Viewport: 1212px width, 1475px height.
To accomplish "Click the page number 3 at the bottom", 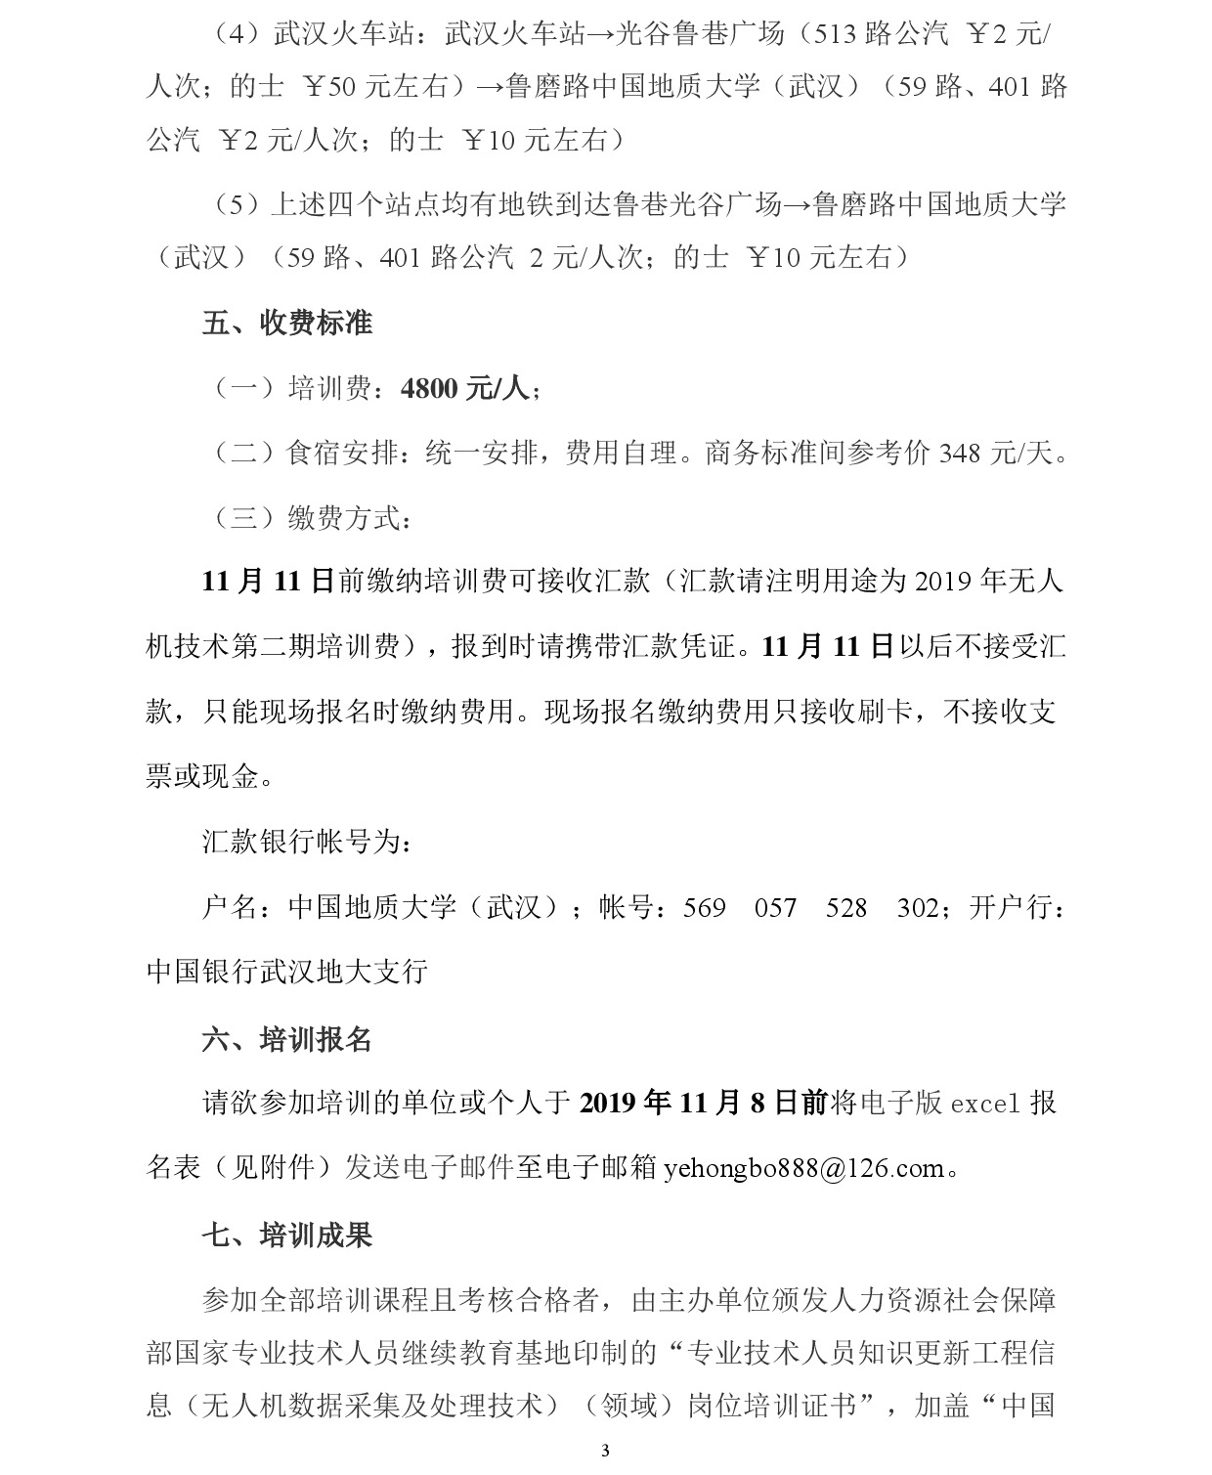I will tap(605, 1451).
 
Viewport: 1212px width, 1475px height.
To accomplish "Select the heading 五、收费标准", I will tap(287, 323).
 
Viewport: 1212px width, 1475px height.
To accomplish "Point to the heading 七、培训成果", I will tap(287, 1235).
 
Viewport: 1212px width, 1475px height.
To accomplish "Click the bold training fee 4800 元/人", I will tap(464, 388).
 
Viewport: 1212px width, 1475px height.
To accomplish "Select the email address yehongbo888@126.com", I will tap(803, 1168).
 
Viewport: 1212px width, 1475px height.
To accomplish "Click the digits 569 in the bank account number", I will tap(704, 908).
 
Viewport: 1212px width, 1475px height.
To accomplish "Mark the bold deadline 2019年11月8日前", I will tap(703, 1104).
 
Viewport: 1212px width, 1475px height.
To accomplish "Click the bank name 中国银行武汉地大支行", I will tap(287, 972).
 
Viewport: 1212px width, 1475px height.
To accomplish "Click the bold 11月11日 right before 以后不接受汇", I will tap(828, 647).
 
